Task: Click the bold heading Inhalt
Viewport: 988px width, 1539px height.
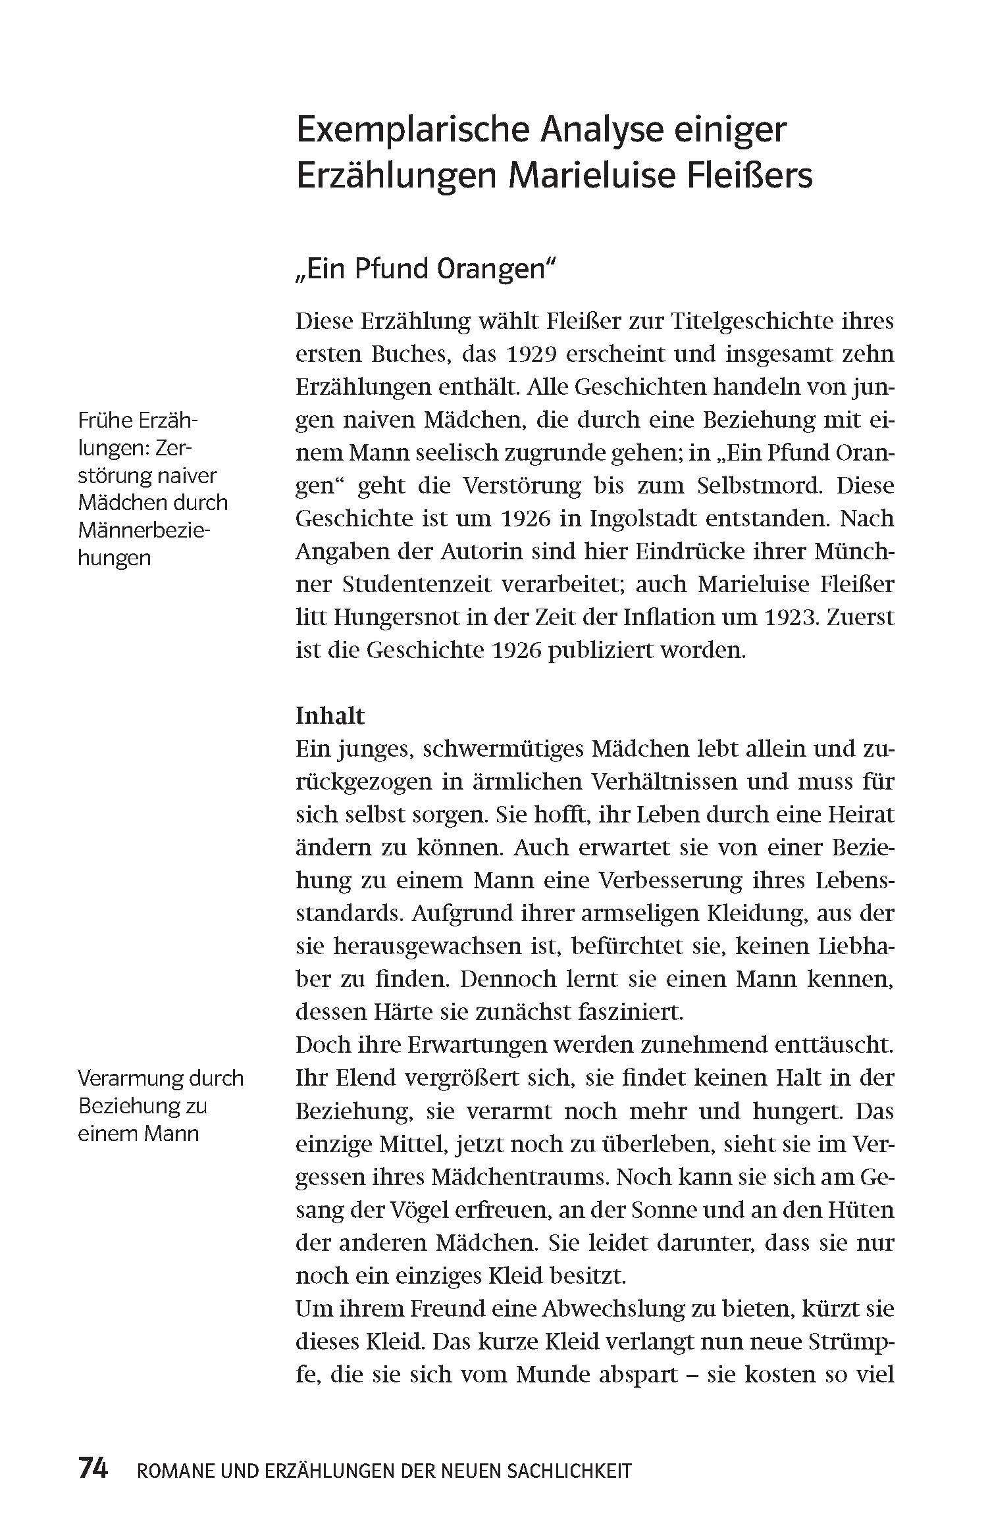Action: pos(330,715)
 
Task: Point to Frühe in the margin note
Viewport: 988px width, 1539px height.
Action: pos(105,420)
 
